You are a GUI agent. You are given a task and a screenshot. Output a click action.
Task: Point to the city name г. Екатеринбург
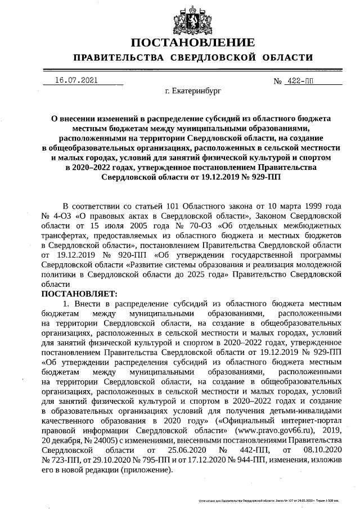193,90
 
